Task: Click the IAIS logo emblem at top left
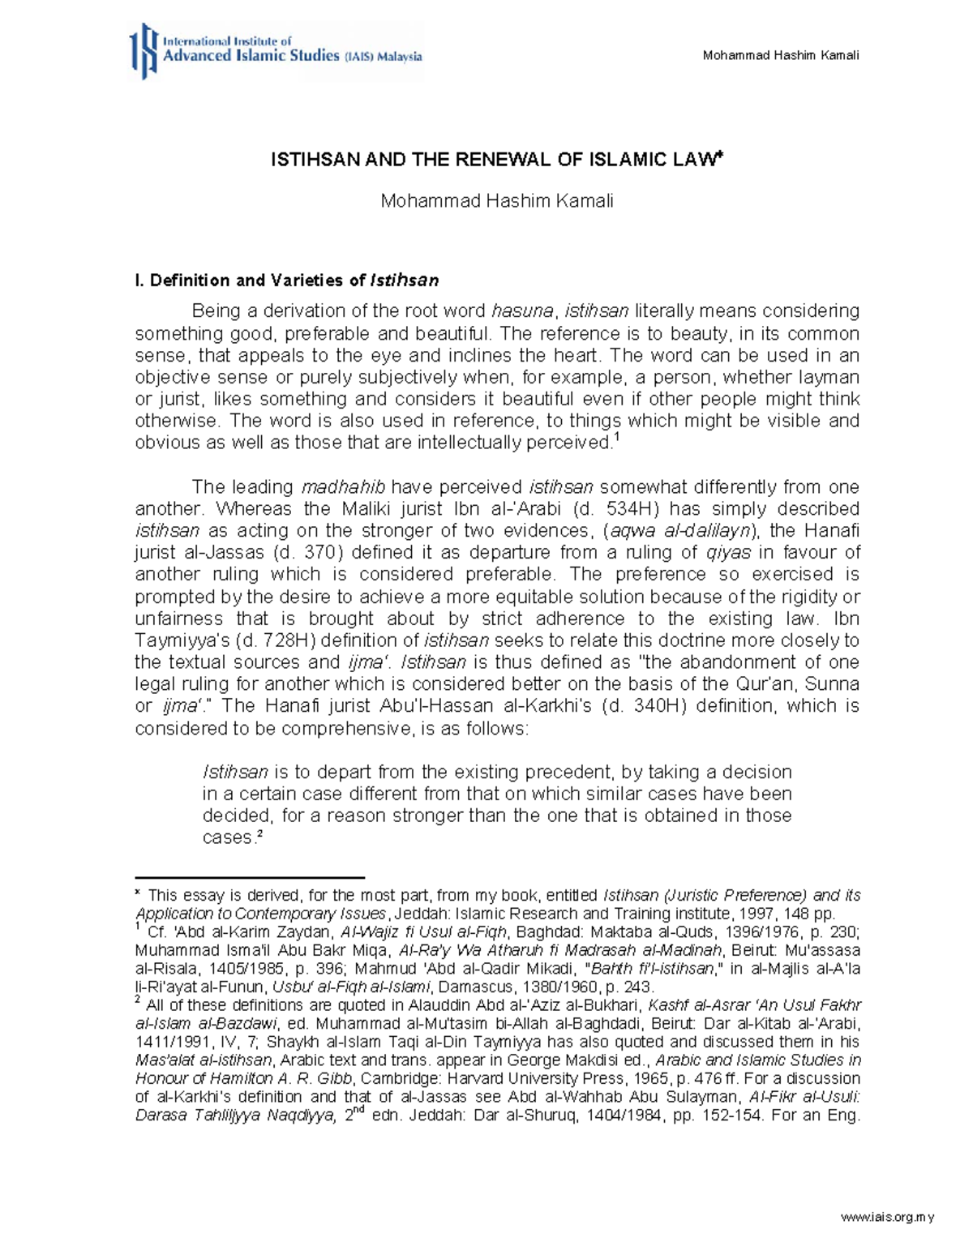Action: pyautogui.click(x=144, y=51)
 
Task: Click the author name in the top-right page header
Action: pyautogui.click(x=781, y=55)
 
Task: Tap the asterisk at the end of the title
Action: pyautogui.click(x=718, y=156)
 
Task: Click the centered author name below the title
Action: pyautogui.click(x=496, y=201)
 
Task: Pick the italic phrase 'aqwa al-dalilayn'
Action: pyautogui.click(x=680, y=531)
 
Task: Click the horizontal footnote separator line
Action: pyautogui.click(x=250, y=877)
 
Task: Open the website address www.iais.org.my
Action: pyautogui.click(x=888, y=1217)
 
